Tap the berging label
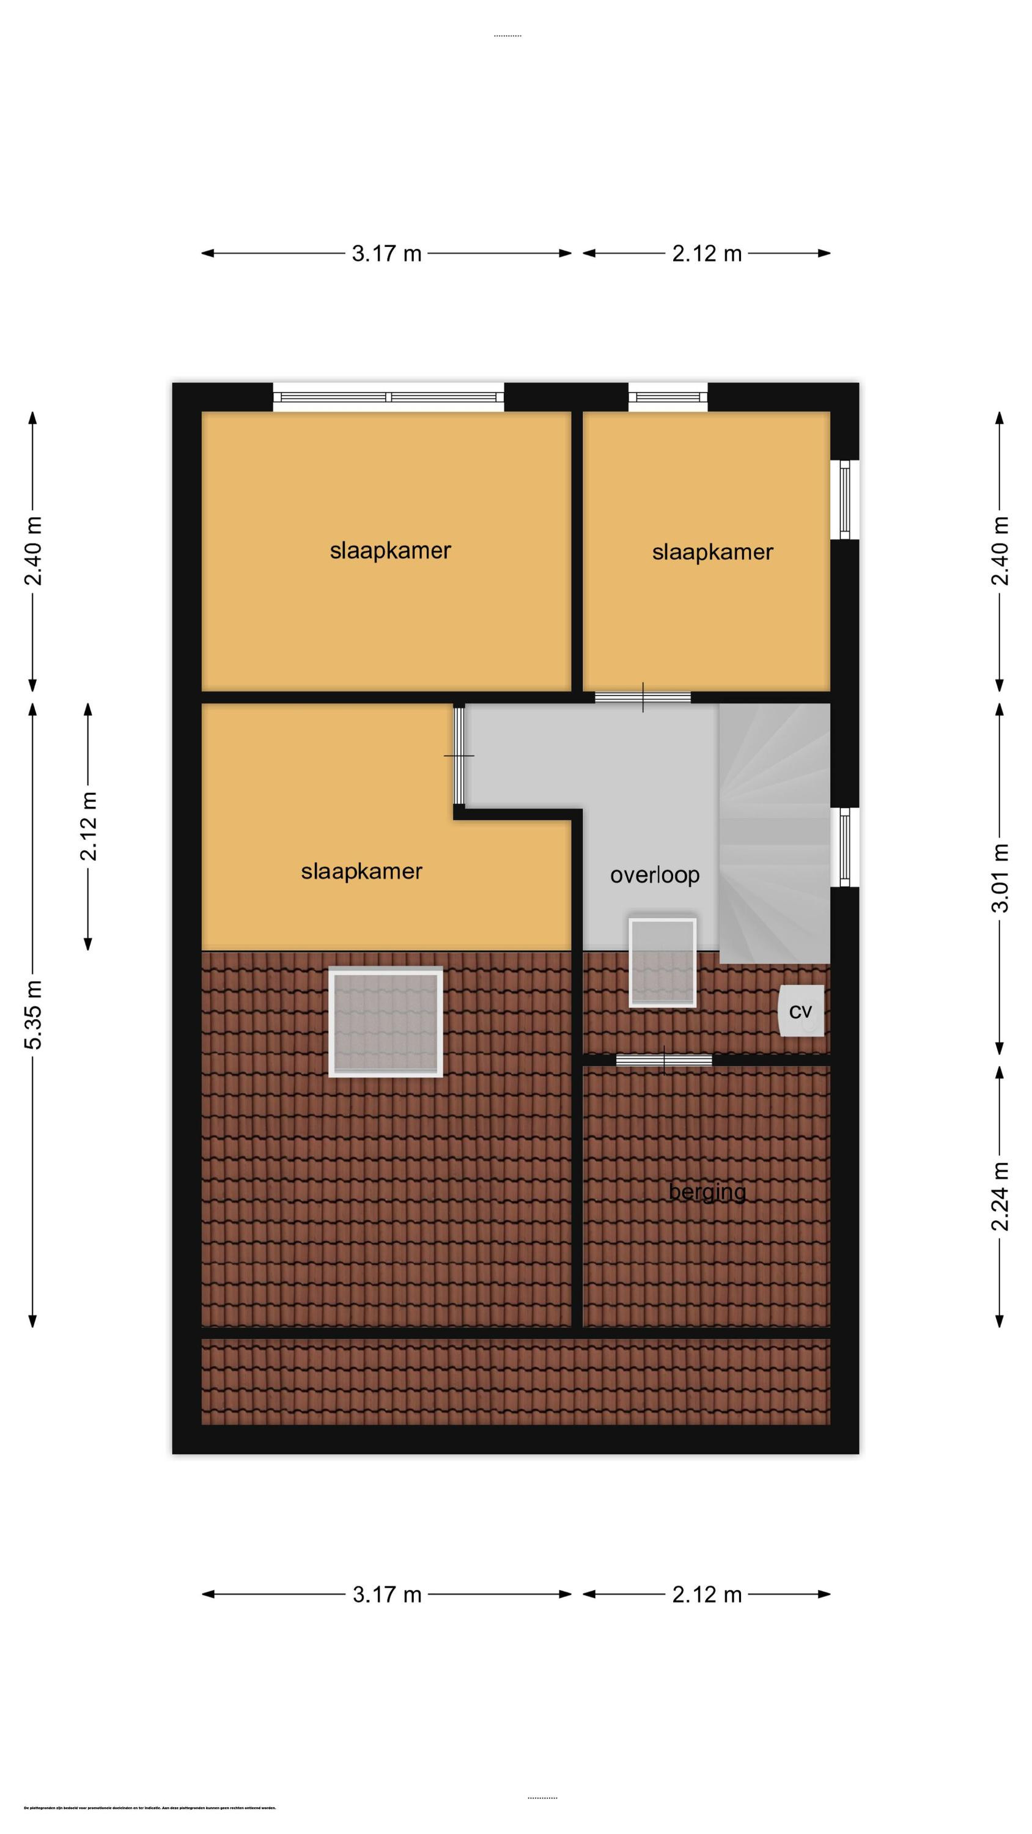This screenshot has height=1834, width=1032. pyautogui.click(x=707, y=1192)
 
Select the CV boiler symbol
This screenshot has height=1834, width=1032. pyautogui.click(x=802, y=1011)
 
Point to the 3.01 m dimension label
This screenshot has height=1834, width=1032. pyautogui.click(x=1001, y=877)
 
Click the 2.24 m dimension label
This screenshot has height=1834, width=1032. pyautogui.click(x=1001, y=1196)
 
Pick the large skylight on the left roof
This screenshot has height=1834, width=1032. pyautogui.click(x=385, y=1022)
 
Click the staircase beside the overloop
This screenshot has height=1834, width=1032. pyautogui.click(x=774, y=833)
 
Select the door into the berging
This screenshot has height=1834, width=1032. pyautogui.click(x=664, y=1061)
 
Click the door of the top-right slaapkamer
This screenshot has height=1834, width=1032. pyautogui.click(x=643, y=698)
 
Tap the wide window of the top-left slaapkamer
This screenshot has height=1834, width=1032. pyautogui.click(x=388, y=397)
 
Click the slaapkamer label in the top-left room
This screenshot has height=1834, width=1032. pyautogui.click(x=390, y=550)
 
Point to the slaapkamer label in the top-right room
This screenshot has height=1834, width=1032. pyautogui.click(x=712, y=552)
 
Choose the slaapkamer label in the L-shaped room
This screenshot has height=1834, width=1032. pyautogui.click(x=361, y=871)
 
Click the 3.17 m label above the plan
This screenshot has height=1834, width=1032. pyautogui.click(x=387, y=254)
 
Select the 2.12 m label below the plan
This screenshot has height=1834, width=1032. pyautogui.click(x=707, y=1595)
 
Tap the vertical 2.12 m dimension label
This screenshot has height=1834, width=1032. pyautogui.click(x=88, y=826)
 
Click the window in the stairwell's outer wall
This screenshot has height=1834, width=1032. pyautogui.click(x=845, y=847)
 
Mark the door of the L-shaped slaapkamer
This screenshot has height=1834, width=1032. pyautogui.click(x=459, y=756)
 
